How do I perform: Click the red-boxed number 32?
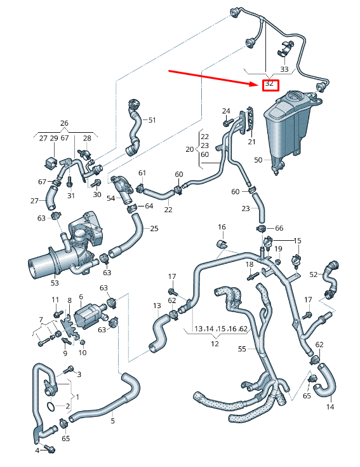click(270, 84)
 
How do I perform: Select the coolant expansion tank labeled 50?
click(289, 124)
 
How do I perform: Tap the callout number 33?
click(284, 69)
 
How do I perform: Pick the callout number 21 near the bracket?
click(251, 141)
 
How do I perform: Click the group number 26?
click(63, 123)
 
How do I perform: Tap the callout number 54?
click(110, 199)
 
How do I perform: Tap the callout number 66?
click(279, 228)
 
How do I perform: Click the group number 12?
click(215, 344)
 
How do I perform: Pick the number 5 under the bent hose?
click(113, 420)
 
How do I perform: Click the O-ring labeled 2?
click(50, 405)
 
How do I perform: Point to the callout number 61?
click(142, 173)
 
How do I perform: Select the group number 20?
click(189, 149)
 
